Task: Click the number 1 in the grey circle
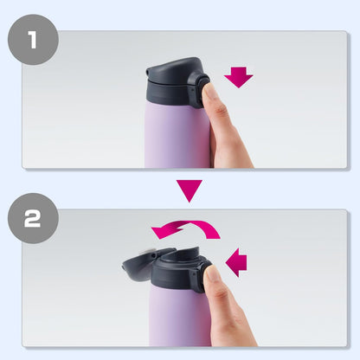point(33,40)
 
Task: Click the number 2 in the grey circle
point(32,218)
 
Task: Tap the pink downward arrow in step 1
point(239,77)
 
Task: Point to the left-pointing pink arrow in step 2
point(236,262)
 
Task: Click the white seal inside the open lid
point(147,252)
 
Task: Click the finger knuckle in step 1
point(222,111)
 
